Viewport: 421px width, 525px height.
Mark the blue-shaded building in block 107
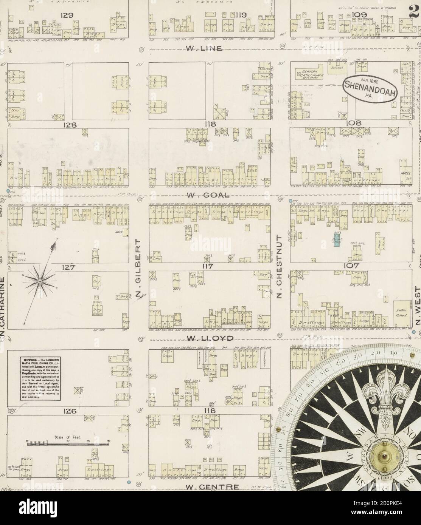[x=336, y=241]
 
